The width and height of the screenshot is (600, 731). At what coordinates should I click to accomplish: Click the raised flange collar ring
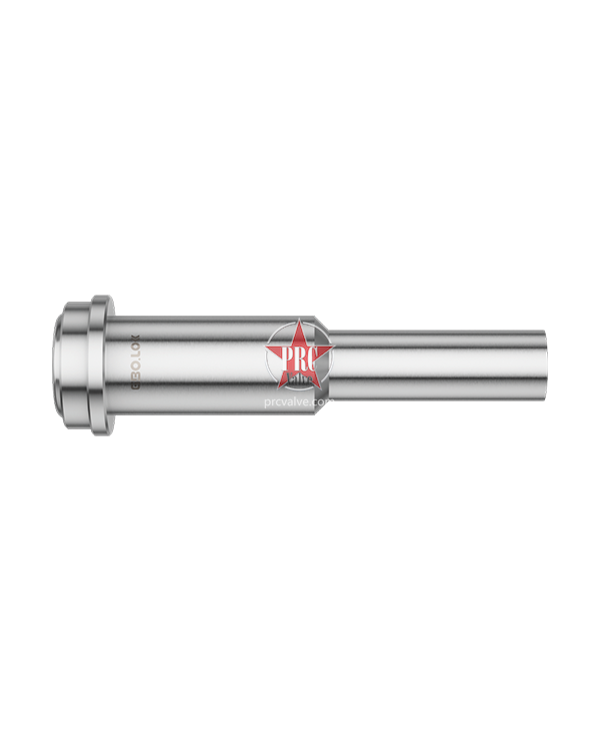[x=102, y=365]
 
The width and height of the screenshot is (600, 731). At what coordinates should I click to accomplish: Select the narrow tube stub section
[x=440, y=365]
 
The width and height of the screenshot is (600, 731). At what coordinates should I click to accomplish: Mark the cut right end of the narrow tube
[x=545, y=365]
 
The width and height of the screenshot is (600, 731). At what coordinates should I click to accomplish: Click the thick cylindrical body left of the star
[x=200, y=365]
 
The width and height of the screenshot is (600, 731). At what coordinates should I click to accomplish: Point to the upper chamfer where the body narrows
[x=324, y=325]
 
